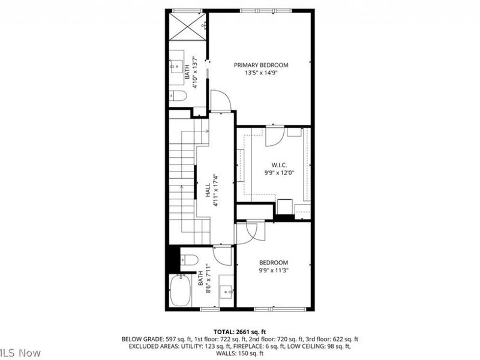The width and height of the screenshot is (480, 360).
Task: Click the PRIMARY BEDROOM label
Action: pyautogui.click(x=261, y=65)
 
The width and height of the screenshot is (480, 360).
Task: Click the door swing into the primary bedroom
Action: pyautogui.click(x=220, y=100)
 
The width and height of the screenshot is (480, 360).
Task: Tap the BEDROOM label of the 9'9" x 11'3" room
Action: pyautogui.click(x=273, y=262)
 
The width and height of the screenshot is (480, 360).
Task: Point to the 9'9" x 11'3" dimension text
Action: pyautogui.click(x=273, y=270)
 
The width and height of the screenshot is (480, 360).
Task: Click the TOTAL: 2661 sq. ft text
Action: pyautogui.click(x=239, y=331)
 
